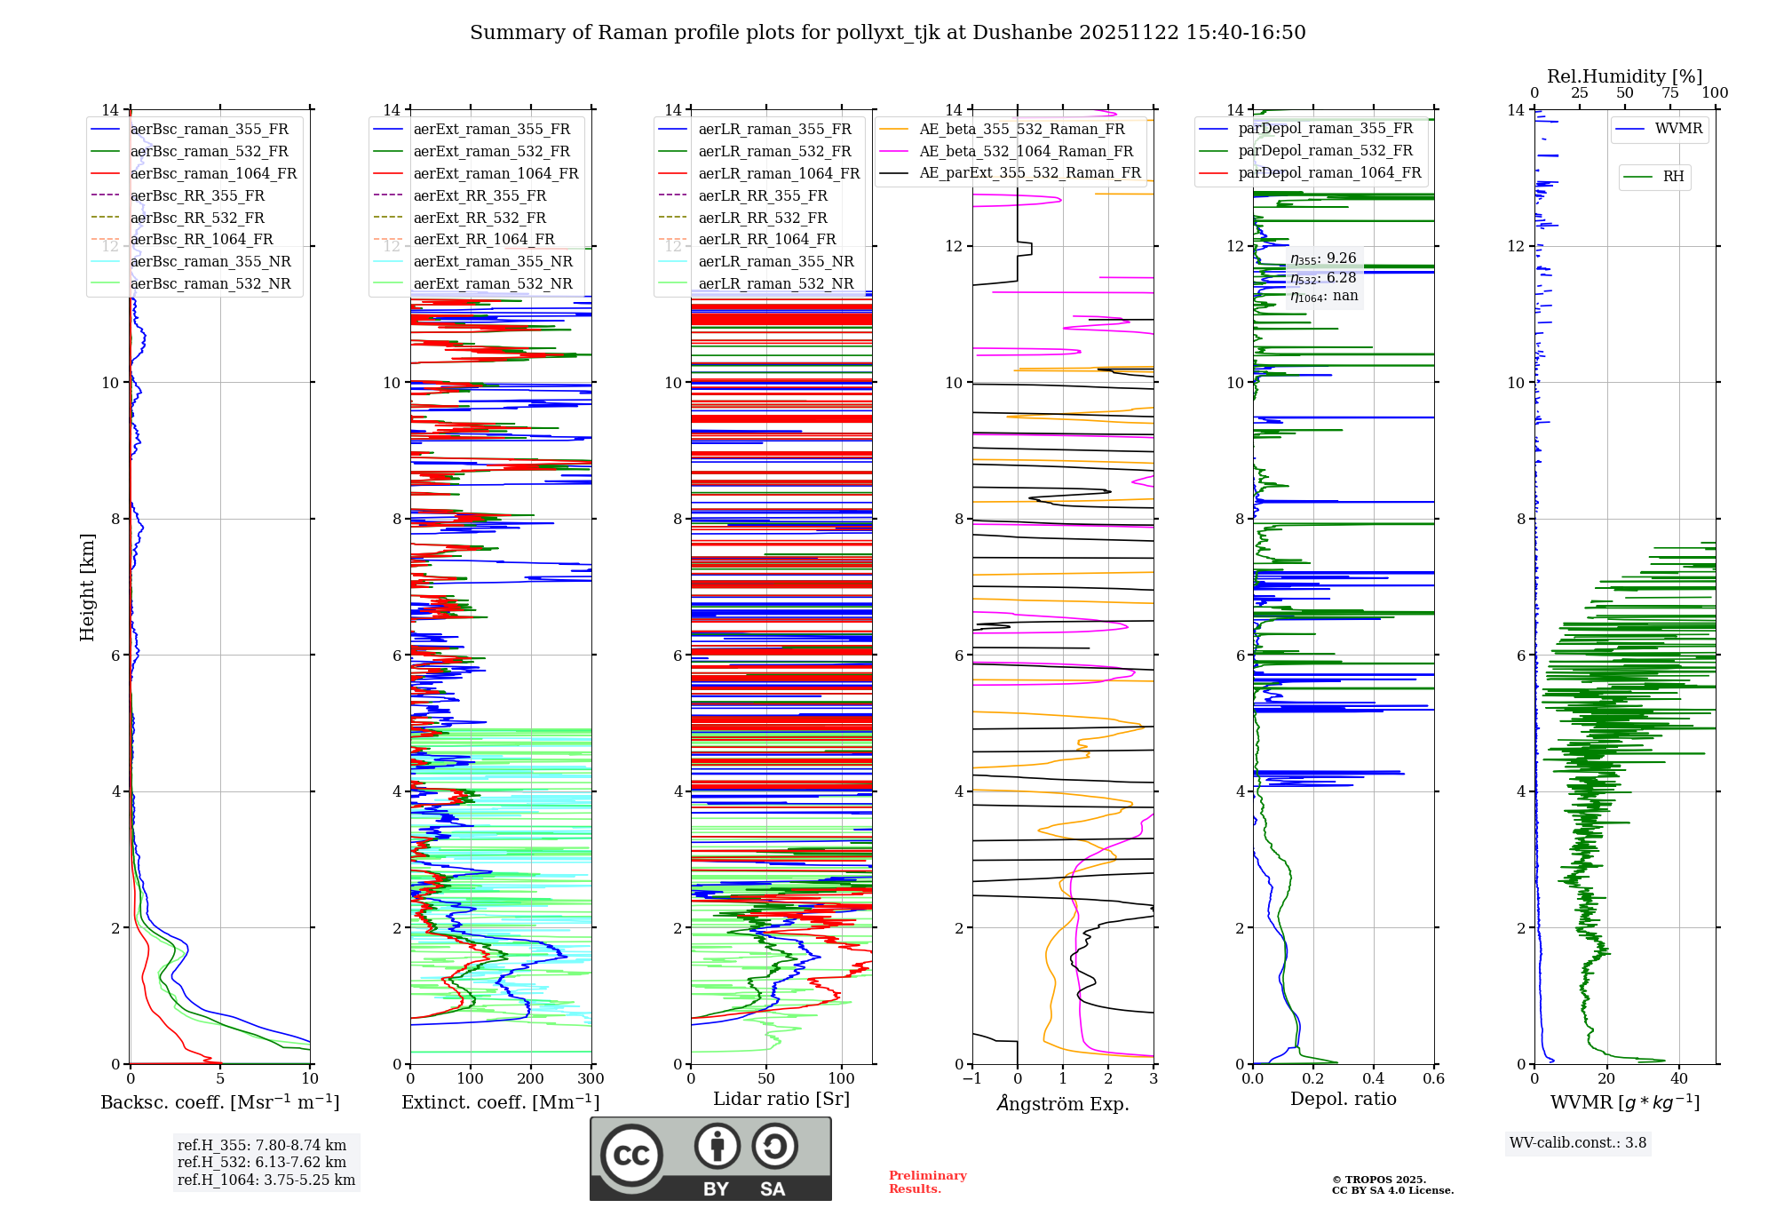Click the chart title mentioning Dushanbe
(x=887, y=33)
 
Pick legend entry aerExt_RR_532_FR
(x=480, y=218)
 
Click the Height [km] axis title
(x=87, y=587)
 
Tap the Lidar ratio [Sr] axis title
(x=781, y=1099)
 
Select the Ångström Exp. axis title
(x=1062, y=1103)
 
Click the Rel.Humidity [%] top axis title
(x=1624, y=76)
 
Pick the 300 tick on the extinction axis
(x=591, y=1079)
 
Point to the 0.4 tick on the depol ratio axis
(x=1373, y=1079)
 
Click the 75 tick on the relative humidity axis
(x=1669, y=93)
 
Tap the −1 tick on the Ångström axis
(x=971, y=1079)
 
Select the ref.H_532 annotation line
(x=261, y=1162)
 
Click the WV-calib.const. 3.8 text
(x=1578, y=1143)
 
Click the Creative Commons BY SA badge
(x=710, y=1158)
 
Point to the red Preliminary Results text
(x=927, y=1182)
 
